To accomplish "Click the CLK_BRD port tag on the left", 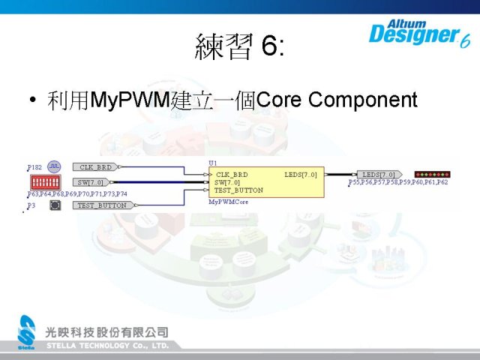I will [96, 167].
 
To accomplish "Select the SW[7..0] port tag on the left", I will [92, 182].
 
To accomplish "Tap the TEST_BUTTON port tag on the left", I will [102, 205].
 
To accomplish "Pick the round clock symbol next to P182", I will [54, 166].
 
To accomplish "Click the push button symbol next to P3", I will [55, 205].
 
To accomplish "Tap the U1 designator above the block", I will [212, 162].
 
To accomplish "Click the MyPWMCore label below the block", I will [226, 202].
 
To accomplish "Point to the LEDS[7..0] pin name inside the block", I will [300, 175].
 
